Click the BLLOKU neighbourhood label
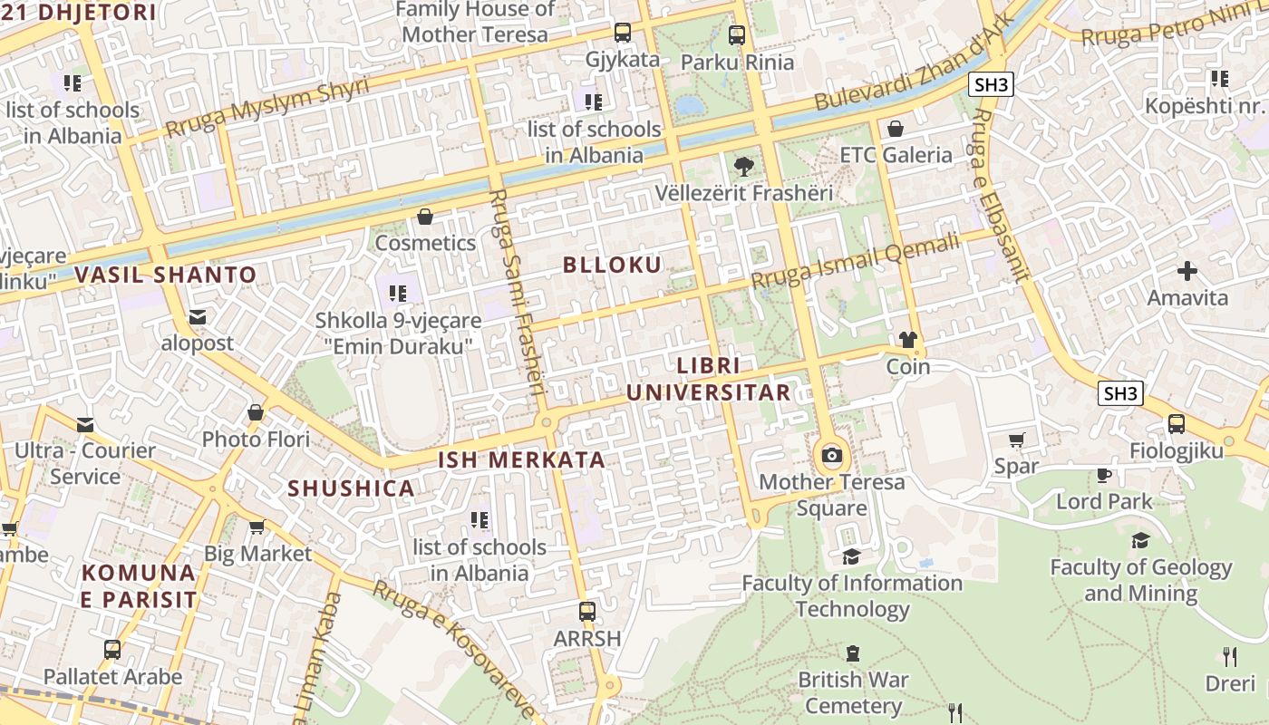coord(612,265)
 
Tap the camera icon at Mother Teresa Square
coord(831,455)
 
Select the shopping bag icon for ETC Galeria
coord(896,129)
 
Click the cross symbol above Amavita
coord(1187,271)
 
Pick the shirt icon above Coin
coord(907,340)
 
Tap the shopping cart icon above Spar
coord(1016,440)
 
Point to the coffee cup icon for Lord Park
coord(1103,475)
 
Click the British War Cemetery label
coord(853,692)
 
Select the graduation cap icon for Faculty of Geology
coord(1140,541)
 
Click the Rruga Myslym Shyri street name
coord(267,108)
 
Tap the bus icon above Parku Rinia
coord(737,35)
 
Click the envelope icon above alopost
coord(198,317)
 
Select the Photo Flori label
coord(256,440)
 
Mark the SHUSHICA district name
coord(351,488)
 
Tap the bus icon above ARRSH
coord(587,612)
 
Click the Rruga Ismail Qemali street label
coord(855,262)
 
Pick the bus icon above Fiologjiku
coord(1176,424)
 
